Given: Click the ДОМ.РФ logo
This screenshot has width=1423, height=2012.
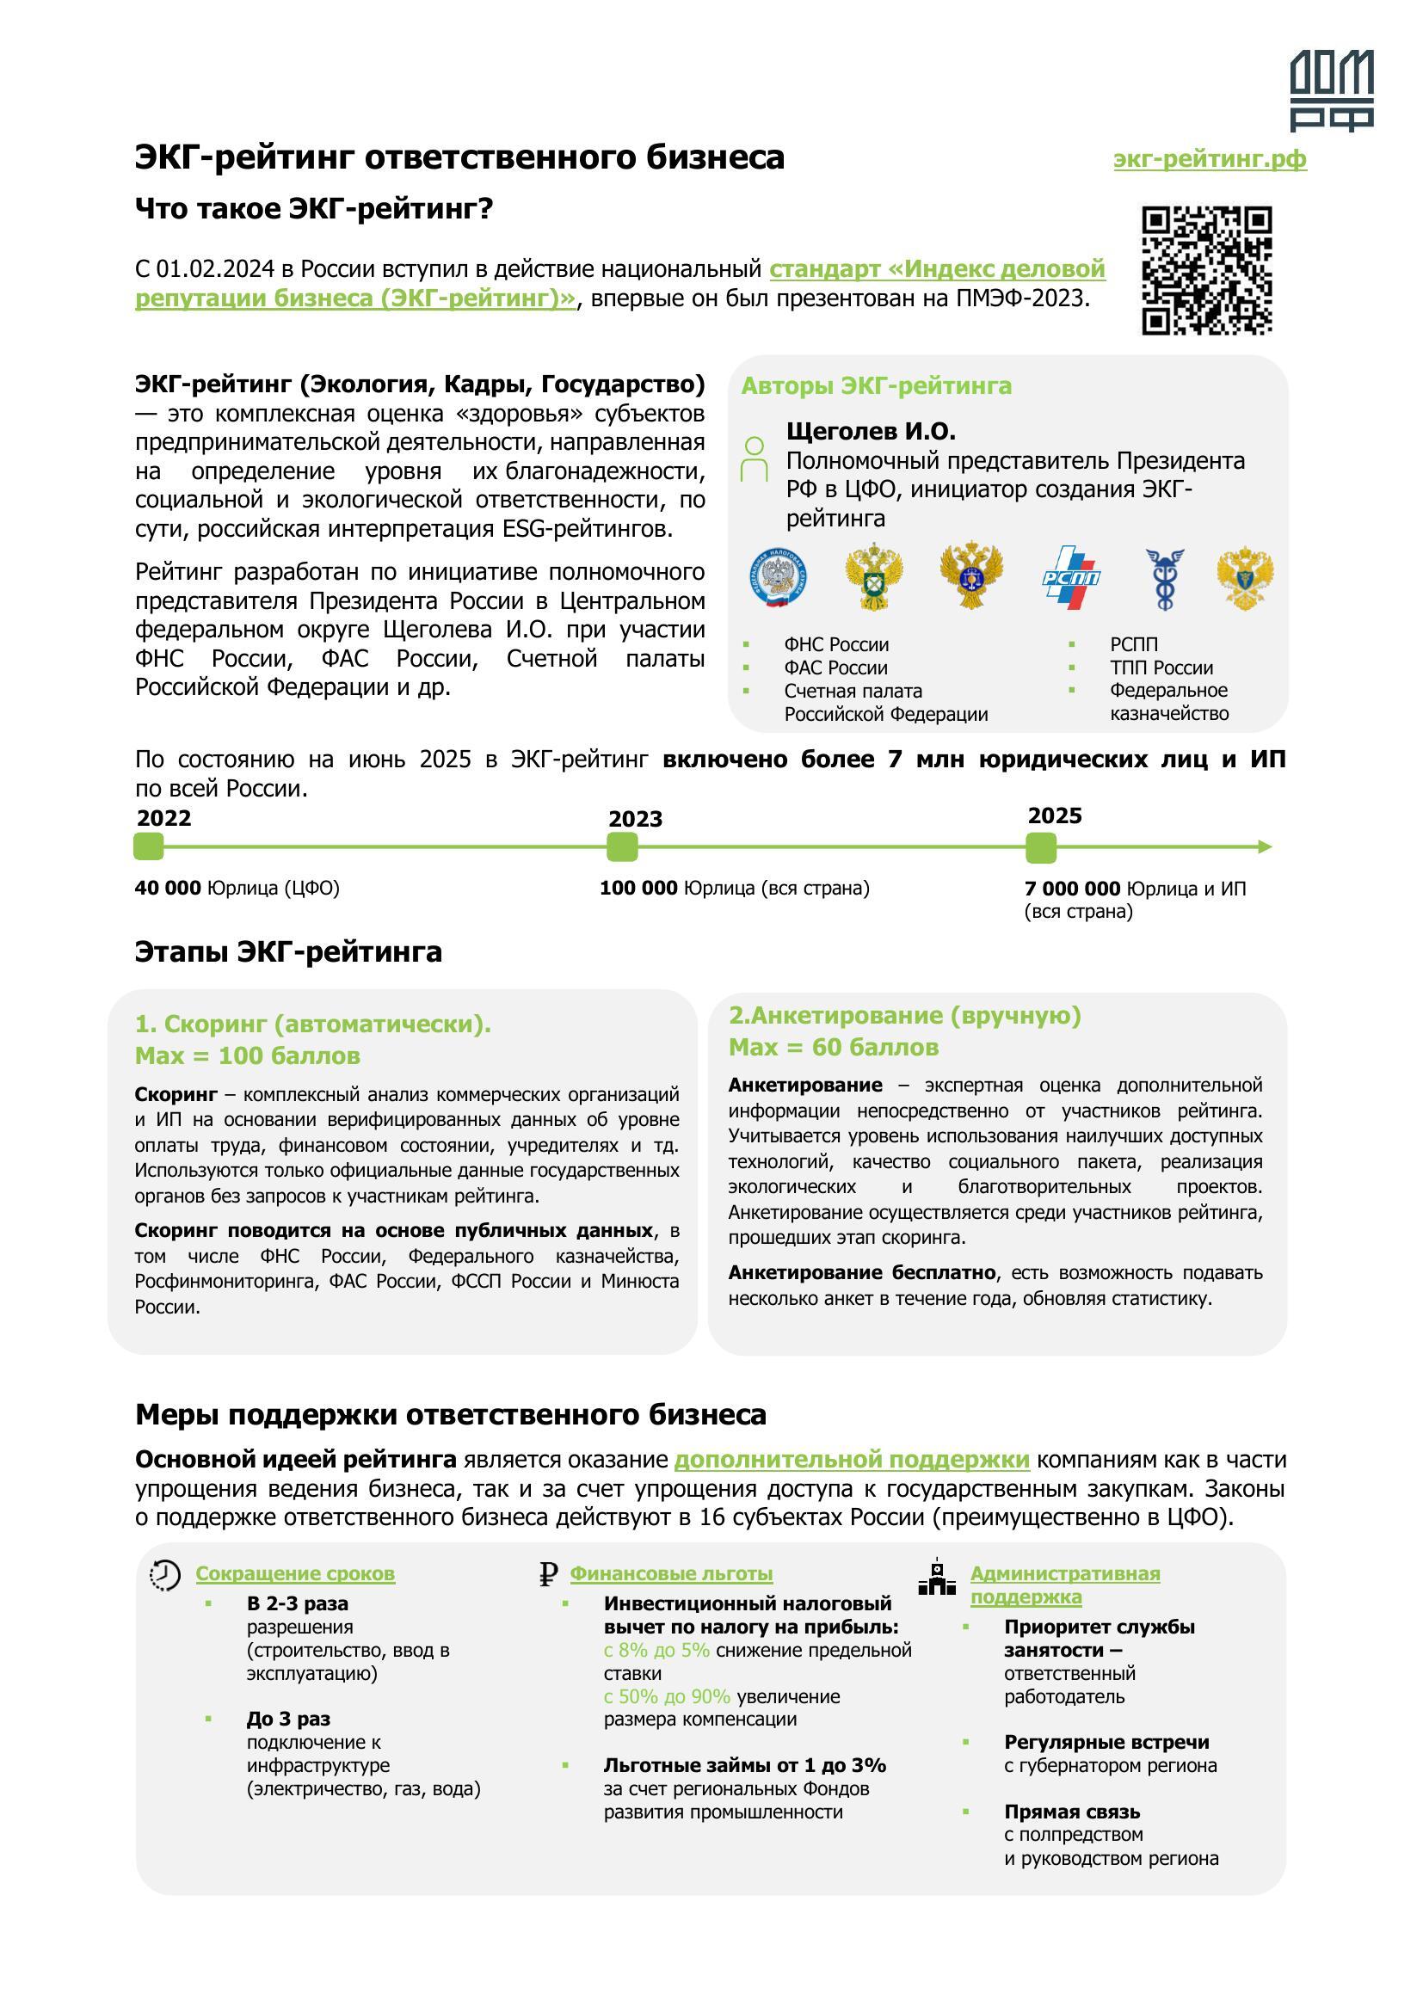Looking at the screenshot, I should (1331, 90).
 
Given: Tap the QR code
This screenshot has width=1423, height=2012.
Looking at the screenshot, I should (1206, 270).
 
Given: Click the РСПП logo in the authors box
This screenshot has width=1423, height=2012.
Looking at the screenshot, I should (1071, 577).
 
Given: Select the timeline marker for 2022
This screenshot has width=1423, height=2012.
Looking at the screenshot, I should (148, 847).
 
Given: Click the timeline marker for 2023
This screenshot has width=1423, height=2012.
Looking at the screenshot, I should (622, 847).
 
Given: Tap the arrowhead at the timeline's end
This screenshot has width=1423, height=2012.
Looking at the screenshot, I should (1265, 847).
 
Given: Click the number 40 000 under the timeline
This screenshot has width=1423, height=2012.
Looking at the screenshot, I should (169, 889).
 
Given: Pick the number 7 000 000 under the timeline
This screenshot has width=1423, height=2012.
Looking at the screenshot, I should (1073, 889).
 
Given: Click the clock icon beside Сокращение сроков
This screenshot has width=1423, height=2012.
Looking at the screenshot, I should (164, 1575).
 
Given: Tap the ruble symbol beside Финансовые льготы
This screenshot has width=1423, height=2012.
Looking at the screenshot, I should (549, 1575).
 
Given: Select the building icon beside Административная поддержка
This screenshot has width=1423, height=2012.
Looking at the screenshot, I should (937, 1578).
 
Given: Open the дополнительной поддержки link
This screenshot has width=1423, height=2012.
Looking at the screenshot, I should (852, 1460).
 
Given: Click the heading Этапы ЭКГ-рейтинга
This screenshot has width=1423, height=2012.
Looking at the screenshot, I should (288, 951).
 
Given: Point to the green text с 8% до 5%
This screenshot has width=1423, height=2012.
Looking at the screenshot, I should (656, 1651).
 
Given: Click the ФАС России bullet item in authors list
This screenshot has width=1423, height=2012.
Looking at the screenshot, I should (836, 668).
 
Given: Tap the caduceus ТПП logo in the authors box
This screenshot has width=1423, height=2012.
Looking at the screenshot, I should (1166, 577).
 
